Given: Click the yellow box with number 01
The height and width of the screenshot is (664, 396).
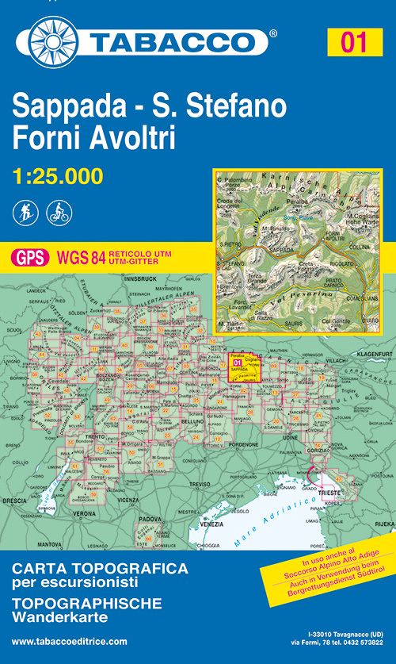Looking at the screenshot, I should pos(353,41).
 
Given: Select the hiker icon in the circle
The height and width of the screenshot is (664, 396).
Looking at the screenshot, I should pos(26,212).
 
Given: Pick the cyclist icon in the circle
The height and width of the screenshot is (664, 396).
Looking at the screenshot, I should pos(59,212).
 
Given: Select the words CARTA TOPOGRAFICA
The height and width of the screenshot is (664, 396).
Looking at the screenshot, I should pos(100,569).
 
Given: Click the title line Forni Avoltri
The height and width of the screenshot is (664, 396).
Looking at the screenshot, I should pos(94,138).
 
